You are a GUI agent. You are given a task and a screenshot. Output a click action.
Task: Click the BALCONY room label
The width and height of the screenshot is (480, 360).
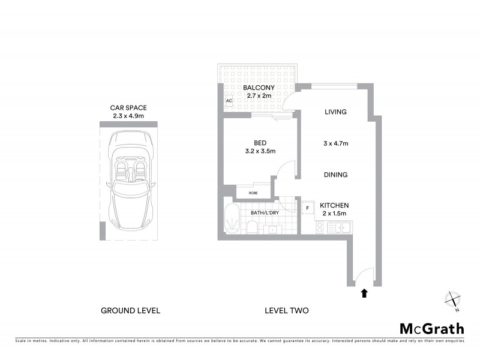pos(259,88)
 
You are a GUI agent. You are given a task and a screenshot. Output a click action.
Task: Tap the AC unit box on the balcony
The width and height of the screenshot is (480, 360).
pos(229,101)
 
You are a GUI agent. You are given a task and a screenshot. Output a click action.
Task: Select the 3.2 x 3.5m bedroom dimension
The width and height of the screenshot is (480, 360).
pos(260,151)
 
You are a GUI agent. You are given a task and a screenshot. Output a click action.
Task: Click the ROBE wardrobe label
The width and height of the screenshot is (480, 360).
pos(254,193)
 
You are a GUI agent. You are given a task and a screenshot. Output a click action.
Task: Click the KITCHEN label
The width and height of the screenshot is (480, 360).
pos(334,205)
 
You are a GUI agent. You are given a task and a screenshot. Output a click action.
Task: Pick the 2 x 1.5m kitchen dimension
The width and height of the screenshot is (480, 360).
pos(334,214)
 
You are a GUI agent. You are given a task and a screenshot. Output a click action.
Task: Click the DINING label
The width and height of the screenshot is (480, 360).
pos(336,175)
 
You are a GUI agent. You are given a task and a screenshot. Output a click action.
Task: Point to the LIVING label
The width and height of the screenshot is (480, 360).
pos(336,112)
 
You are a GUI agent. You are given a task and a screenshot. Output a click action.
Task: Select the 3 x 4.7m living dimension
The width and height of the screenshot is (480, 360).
pos(336,143)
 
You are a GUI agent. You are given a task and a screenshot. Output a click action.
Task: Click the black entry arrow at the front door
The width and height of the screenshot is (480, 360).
pos(363,293)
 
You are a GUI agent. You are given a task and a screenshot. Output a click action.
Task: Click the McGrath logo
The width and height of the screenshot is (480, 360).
pos(431,328)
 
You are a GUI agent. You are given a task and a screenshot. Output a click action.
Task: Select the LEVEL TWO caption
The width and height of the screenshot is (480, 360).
pos(286,311)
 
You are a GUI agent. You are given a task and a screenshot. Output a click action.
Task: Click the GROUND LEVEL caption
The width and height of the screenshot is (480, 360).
pos(130,311)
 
